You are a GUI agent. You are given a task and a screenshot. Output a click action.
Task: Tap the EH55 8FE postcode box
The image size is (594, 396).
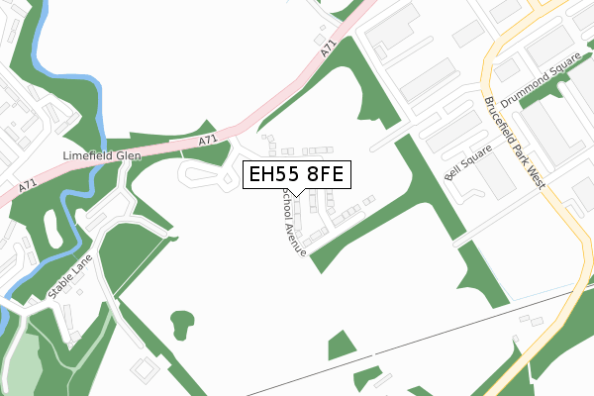pos(295,175)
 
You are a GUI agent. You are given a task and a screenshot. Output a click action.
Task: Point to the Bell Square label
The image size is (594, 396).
pos(462,165)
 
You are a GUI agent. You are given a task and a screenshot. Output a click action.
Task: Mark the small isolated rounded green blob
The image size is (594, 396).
pos(182,322)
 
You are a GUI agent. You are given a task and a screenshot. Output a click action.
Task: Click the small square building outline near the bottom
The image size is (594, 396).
pos(145,368)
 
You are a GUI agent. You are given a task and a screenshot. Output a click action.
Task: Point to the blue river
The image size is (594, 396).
pos(100,109)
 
